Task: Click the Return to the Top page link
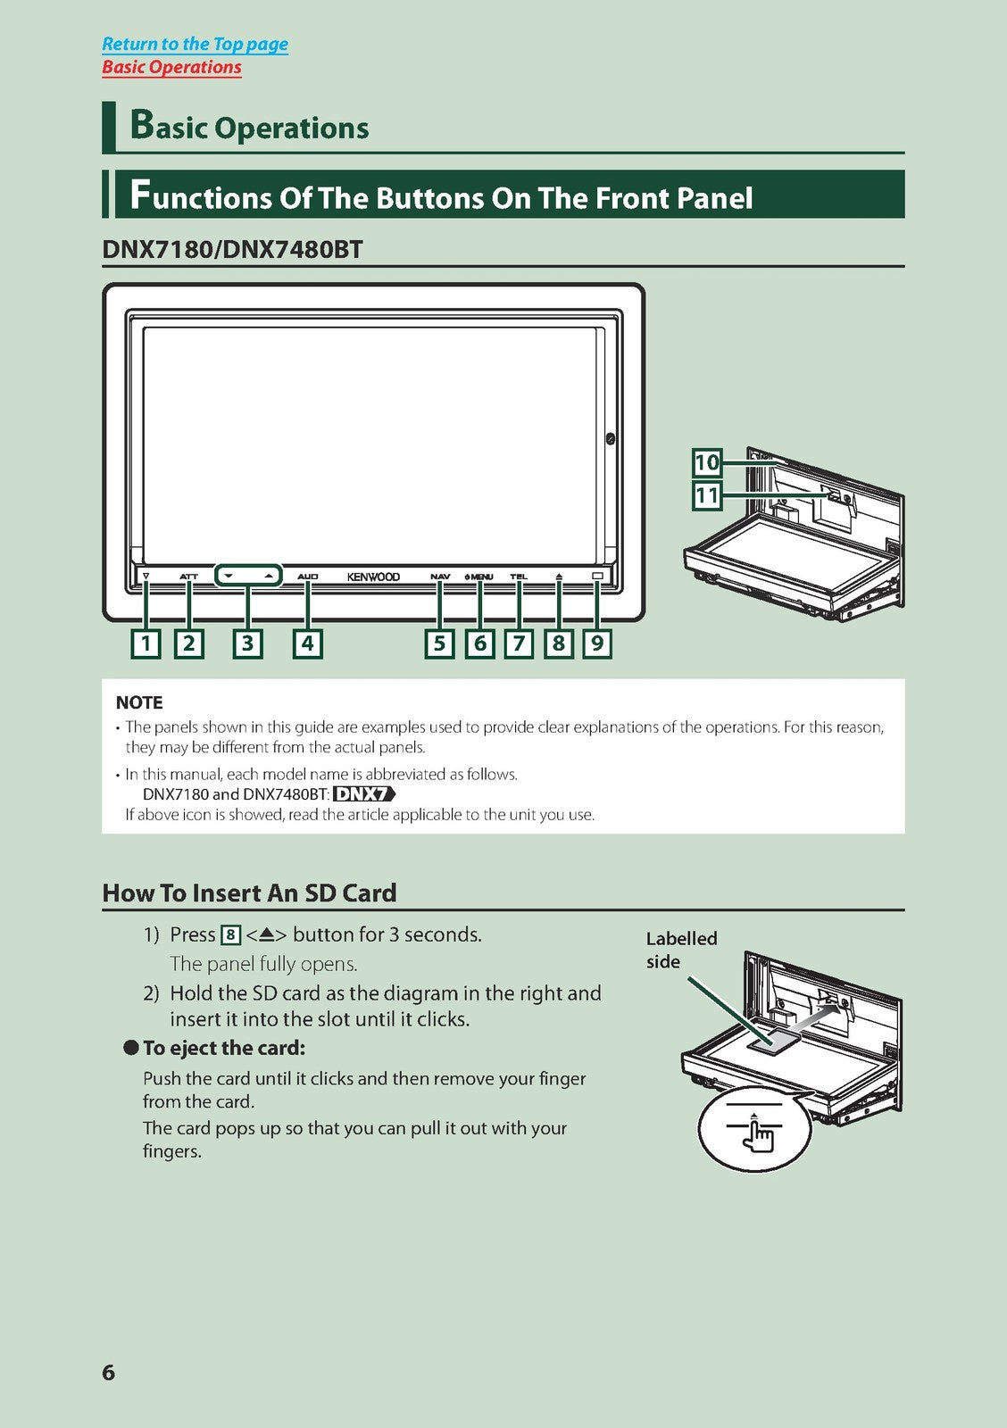(196, 44)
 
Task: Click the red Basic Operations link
(171, 67)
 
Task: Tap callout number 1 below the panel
(146, 643)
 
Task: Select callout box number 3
(247, 643)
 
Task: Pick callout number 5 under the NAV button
(439, 643)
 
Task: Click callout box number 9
(597, 643)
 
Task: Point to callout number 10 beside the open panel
(707, 462)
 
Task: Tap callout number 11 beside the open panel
(707, 495)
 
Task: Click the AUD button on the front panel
(307, 577)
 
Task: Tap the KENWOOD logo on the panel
(374, 577)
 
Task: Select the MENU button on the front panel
(479, 577)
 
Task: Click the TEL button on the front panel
(520, 577)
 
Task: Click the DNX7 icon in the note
(364, 794)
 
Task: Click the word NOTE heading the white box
(139, 702)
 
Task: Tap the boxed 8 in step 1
(230, 935)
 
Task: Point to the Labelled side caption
(681, 950)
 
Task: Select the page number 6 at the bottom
(108, 1372)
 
